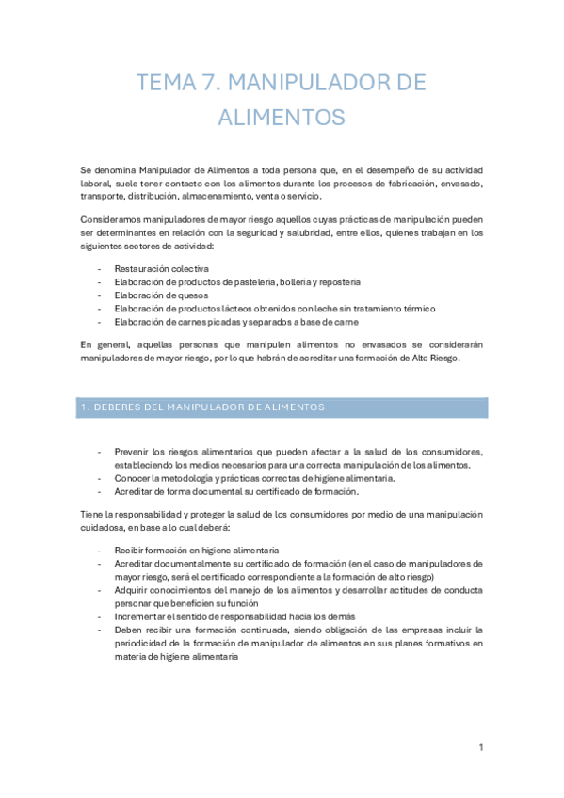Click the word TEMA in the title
tap(167, 83)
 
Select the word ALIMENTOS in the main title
tap(282, 118)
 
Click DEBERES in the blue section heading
tap(124, 407)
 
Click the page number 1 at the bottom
tap(480, 747)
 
